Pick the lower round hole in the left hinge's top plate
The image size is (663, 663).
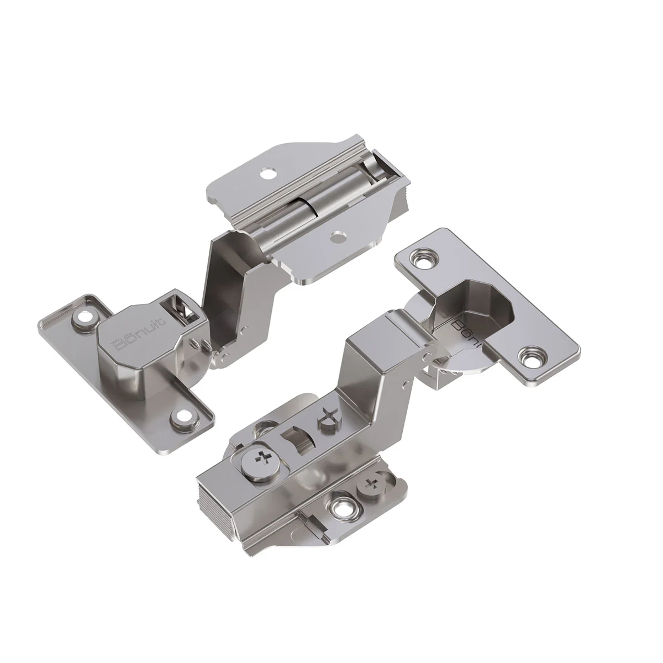coord(335,236)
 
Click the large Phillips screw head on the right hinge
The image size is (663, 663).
coord(264,458)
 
